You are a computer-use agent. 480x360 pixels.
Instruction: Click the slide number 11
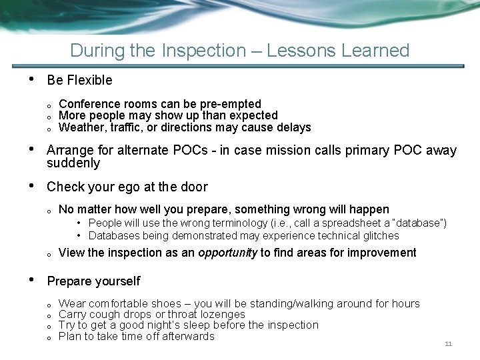click(x=448, y=344)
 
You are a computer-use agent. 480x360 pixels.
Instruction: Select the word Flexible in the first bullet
click(x=89, y=80)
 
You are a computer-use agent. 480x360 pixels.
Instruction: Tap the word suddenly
click(x=73, y=163)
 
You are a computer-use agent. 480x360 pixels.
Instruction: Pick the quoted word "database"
click(x=419, y=223)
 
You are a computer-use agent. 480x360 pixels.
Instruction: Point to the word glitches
click(x=379, y=235)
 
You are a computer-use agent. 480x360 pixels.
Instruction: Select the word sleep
click(x=201, y=325)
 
